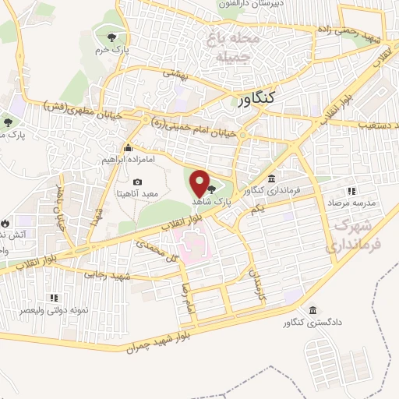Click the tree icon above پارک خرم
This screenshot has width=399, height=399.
click(111, 37)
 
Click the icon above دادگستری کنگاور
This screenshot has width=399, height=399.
click(312, 309)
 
